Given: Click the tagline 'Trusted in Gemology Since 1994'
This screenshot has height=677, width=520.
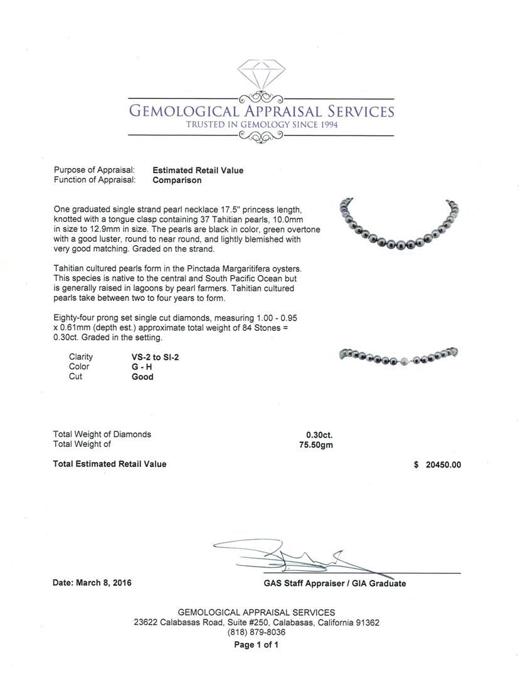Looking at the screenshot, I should pos(261,125).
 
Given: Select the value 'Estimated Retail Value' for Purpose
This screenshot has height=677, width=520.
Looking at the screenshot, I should pos(198,171).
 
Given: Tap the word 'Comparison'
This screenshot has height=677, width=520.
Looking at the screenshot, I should pos(178,181).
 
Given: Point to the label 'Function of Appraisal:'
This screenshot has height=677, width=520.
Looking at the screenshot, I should pos(95,181).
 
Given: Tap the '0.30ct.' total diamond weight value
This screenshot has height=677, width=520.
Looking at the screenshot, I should pos(319,434).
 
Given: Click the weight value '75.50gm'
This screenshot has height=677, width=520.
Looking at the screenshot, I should pos(317,444).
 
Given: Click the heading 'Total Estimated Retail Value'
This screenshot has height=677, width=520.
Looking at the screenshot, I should pos(110,464).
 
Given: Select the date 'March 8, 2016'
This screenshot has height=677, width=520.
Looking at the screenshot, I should pos(103,583).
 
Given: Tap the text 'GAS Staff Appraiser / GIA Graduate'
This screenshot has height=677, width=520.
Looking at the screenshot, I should pos(335,584).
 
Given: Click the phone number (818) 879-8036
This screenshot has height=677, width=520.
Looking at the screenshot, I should pos(256,633).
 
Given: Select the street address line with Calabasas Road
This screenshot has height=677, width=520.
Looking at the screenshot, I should pos(256,623).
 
